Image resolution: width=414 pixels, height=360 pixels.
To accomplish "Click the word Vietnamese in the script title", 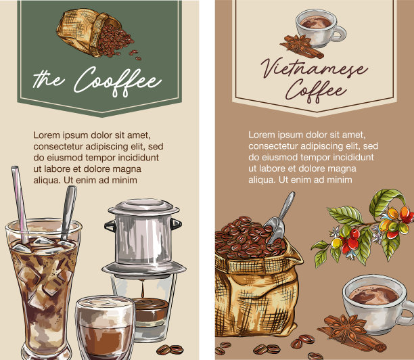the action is coord(314,68).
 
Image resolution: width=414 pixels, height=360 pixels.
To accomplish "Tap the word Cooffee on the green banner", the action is coord(118,81).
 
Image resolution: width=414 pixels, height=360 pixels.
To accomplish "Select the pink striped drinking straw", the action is coord(20,204).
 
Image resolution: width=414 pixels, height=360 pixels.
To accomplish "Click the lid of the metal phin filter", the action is coord(144,206).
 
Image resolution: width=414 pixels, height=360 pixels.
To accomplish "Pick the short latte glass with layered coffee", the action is coord(105,328).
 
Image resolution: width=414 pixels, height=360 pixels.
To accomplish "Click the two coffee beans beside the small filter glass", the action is coord(170,350).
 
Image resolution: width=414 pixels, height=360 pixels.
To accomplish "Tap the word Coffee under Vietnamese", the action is coord(316,91).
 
